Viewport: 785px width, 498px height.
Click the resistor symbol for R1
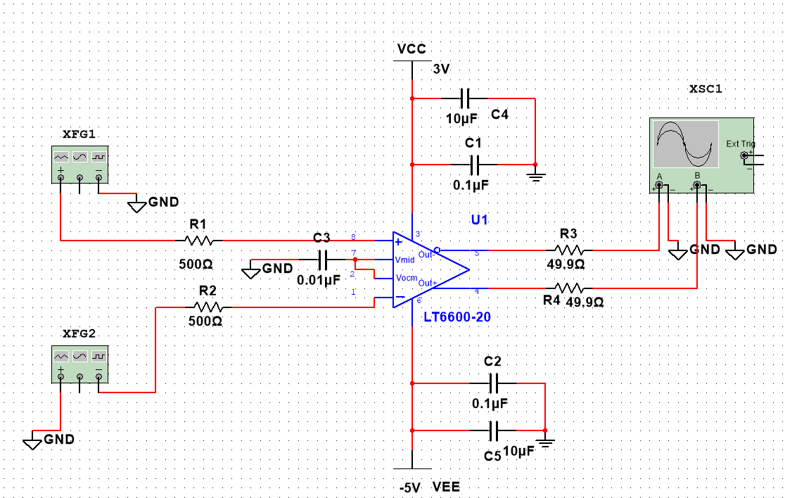199,241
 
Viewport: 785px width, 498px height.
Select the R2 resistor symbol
208,307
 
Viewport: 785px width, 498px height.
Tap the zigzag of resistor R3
569,250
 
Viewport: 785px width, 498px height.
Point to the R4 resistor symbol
569,288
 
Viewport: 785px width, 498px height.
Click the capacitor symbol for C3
323,260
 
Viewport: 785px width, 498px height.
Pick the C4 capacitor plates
464,98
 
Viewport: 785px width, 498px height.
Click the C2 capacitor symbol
493,383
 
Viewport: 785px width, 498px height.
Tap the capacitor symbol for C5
493,430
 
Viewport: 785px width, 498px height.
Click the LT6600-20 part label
457,317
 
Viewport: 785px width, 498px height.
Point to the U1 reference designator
479,219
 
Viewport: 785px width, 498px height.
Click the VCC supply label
411,49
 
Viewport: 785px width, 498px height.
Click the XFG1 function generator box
80,165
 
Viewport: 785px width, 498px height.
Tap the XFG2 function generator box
80,364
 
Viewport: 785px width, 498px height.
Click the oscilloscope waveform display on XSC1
686,144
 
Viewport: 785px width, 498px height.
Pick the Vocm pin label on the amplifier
407,278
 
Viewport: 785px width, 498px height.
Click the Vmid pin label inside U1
404,260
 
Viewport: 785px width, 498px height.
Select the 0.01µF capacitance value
319,280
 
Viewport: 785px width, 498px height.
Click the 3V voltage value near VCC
441,69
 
